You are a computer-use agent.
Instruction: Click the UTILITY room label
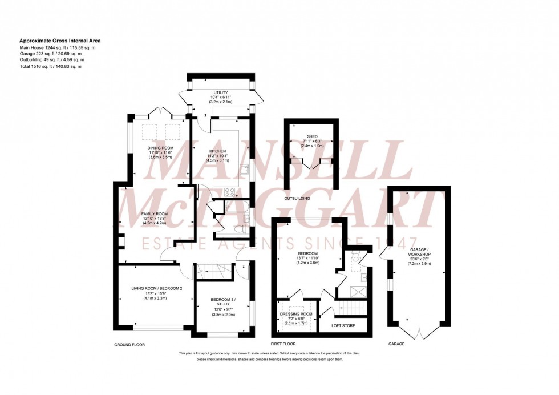point(221,92)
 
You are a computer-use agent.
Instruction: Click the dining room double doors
point(163,111)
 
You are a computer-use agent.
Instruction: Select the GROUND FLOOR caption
point(129,345)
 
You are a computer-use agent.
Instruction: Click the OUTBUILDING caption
point(297,198)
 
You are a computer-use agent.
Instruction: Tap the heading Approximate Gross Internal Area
point(56,41)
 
